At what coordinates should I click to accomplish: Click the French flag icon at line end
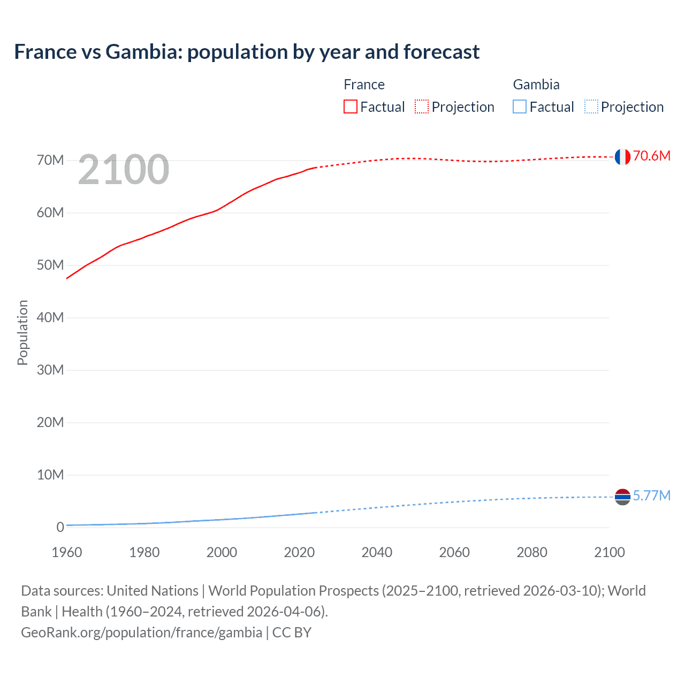click(x=622, y=157)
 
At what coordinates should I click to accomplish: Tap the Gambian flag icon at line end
click(x=622, y=497)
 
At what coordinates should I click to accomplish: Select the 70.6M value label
click(x=652, y=156)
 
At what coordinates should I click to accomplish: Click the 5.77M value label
click(x=652, y=496)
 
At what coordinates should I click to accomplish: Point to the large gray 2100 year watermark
click(x=124, y=170)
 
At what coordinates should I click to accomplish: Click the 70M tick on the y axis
click(x=50, y=160)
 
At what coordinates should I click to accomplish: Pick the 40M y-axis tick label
click(x=50, y=317)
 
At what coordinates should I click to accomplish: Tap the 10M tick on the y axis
click(x=50, y=475)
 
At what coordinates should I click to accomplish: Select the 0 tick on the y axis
click(x=60, y=527)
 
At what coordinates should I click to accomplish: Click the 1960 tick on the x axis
click(x=67, y=552)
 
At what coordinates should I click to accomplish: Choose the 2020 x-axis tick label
click(x=299, y=552)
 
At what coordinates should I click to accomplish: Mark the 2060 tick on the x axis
click(x=454, y=552)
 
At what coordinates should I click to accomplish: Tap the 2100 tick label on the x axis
click(x=609, y=552)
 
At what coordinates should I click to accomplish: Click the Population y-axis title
click(x=22, y=332)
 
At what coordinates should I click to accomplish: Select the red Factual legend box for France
click(x=351, y=106)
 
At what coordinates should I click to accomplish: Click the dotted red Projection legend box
click(x=422, y=106)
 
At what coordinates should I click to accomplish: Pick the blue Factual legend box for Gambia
click(x=520, y=106)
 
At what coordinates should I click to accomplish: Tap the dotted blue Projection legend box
click(x=591, y=106)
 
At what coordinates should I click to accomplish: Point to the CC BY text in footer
click(x=292, y=632)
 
